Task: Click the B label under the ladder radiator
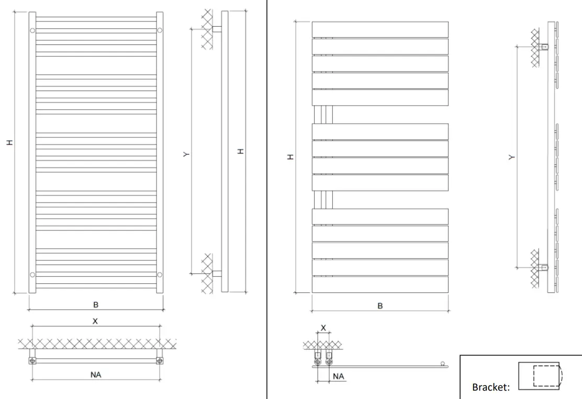pos(96,304)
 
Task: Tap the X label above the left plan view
pos(95,322)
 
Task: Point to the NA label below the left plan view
pos(96,374)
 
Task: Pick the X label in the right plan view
pos(323,327)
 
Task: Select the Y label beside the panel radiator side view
pos(511,157)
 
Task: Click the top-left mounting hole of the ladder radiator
pos(32,30)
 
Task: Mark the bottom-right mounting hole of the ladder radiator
pos(160,275)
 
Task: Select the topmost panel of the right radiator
pos(380,29)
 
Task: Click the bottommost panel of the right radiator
pos(380,284)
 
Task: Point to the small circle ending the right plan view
pos(443,363)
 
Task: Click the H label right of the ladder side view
pos(240,151)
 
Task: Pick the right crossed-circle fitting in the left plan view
pos(159,360)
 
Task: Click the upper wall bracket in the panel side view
pos(544,47)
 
